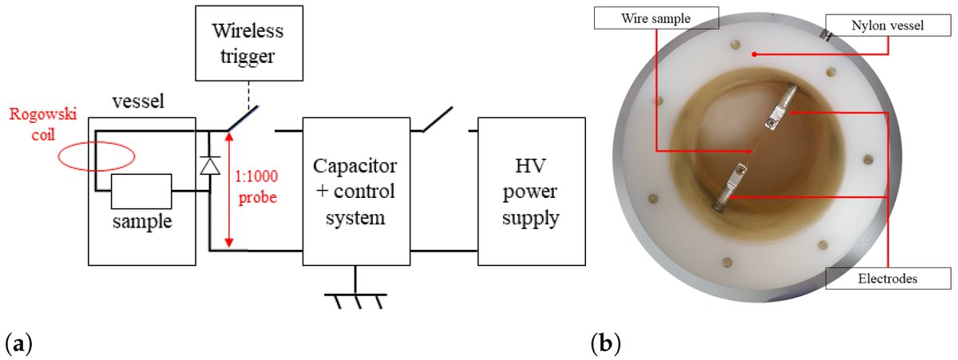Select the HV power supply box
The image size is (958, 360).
529,191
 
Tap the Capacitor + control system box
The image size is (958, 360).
356,191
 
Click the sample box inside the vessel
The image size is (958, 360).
141,192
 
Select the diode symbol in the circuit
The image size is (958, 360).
209,165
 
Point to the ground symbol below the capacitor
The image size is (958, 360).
356,299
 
